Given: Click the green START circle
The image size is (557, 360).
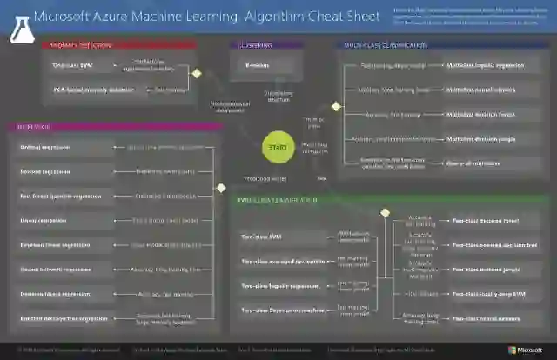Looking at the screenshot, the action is (x=278, y=148).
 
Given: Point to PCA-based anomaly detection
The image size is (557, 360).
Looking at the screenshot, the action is (x=82, y=89).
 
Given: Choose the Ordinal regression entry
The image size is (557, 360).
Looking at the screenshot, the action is (x=45, y=147).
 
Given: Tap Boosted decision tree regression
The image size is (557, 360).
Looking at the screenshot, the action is (x=64, y=318).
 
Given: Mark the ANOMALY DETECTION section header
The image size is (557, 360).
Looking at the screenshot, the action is (x=71, y=45).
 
